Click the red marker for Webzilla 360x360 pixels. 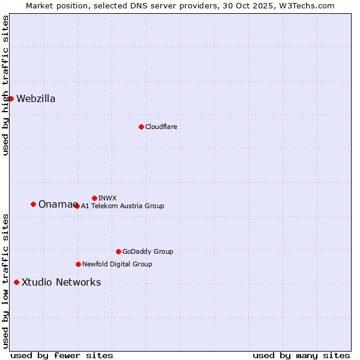[x=11, y=98]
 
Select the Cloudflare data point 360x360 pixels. [x=141, y=127]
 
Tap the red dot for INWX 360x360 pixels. [x=94, y=198]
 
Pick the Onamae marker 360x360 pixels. [x=33, y=204]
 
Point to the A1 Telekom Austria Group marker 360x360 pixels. [x=76, y=206]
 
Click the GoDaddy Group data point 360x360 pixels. [x=118, y=251]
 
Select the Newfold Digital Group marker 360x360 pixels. [x=78, y=264]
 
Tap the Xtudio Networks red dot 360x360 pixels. [x=16, y=282]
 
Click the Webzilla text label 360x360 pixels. [x=36, y=99]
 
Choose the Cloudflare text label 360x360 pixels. [x=161, y=127]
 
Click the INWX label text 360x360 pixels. [x=107, y=198]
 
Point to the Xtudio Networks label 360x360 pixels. [x=61, y=283]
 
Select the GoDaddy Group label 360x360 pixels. [x=148, y=251]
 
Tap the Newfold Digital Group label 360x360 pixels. [x=117, y=264]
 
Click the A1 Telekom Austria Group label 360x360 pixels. [x=122, y=206]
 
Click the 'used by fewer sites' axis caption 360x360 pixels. [x=62, y=355]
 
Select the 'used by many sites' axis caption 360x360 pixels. [x=301, y=355]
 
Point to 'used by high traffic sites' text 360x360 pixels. [x=5, y=85]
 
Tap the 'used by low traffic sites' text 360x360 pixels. [x=5, y=280]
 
